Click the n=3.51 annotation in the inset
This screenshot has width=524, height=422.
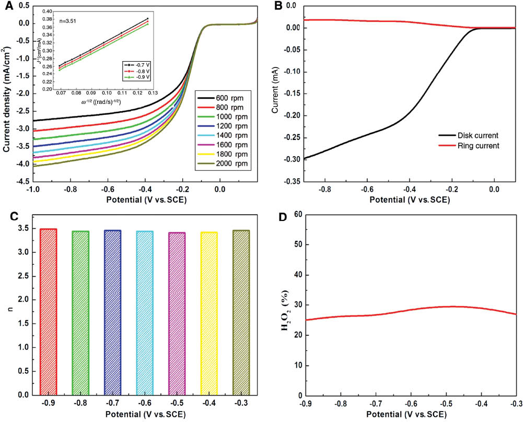[69, 21]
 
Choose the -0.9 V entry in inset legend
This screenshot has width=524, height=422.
[136, 77]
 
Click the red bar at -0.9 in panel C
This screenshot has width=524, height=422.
[48, 312]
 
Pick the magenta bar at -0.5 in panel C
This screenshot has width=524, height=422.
[177, 313]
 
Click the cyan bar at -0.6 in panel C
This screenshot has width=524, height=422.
[145, 313]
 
